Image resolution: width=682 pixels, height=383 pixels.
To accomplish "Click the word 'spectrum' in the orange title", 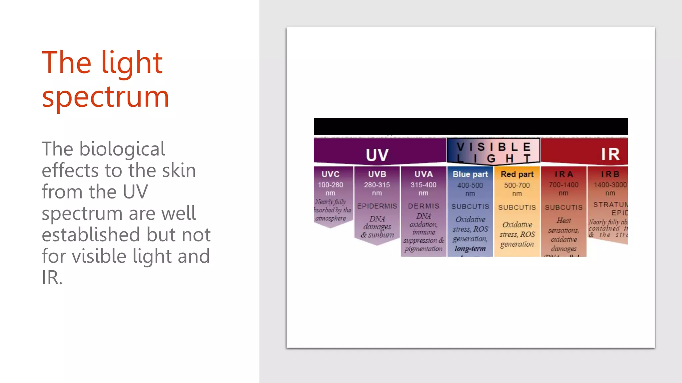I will tap(106, 97).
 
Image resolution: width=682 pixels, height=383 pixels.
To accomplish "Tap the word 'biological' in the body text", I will tap(122, 149).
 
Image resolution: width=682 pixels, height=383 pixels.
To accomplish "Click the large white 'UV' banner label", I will tap(377, 155).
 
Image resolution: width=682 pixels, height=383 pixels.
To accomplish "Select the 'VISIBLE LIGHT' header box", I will tap(493, 152).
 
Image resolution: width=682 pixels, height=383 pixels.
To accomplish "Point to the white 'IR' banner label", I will tap(610, 154).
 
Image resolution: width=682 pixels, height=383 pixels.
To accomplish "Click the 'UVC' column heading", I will tap(330, 174).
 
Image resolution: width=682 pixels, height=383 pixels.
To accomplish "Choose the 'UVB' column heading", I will tap(377, 174).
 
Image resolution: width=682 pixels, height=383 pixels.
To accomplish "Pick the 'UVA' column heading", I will tap(424, 174).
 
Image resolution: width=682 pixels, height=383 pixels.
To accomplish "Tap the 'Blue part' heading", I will tap(470, 174).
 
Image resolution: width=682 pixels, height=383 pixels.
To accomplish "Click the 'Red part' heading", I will tap(517, 174).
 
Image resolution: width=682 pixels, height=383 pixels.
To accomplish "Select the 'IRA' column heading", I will tap(563, 174).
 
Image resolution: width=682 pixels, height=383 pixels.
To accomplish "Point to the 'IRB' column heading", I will tap(610, 174).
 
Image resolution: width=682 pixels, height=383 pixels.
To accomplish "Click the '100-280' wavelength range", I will tap(330, 185).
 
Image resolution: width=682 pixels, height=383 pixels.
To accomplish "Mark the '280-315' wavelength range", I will tap(377, 185).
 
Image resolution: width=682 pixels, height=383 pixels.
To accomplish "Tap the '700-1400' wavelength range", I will tap(563, 185).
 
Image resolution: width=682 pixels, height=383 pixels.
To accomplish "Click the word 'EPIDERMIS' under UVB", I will tap(377, 206).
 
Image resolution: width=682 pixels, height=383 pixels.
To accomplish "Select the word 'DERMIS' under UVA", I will tap(424, 206).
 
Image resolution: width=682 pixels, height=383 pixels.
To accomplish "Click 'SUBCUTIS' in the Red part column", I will tap(517, 207).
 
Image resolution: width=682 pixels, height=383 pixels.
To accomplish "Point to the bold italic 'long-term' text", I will tap(470, 248).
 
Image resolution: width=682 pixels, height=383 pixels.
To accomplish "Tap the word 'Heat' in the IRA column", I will tap(563, 220).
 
